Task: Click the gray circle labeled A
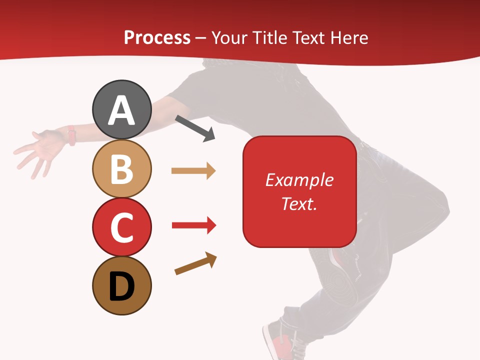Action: click(121, 109)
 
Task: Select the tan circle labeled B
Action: click(121, 168)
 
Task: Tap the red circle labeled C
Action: click(121, 227)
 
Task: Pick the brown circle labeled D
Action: click(121, 285)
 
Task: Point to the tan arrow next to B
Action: click(193, 171)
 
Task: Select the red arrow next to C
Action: click(193, 225)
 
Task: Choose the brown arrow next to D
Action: click(195, 263)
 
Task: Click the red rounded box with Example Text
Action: click(299, 191)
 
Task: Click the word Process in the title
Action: click(157, 38)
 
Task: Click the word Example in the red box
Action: click(299, 180)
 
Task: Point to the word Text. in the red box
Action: click(299, 203)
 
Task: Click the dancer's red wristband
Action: click(71, 135)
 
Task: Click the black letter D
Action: click(121, 287)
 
